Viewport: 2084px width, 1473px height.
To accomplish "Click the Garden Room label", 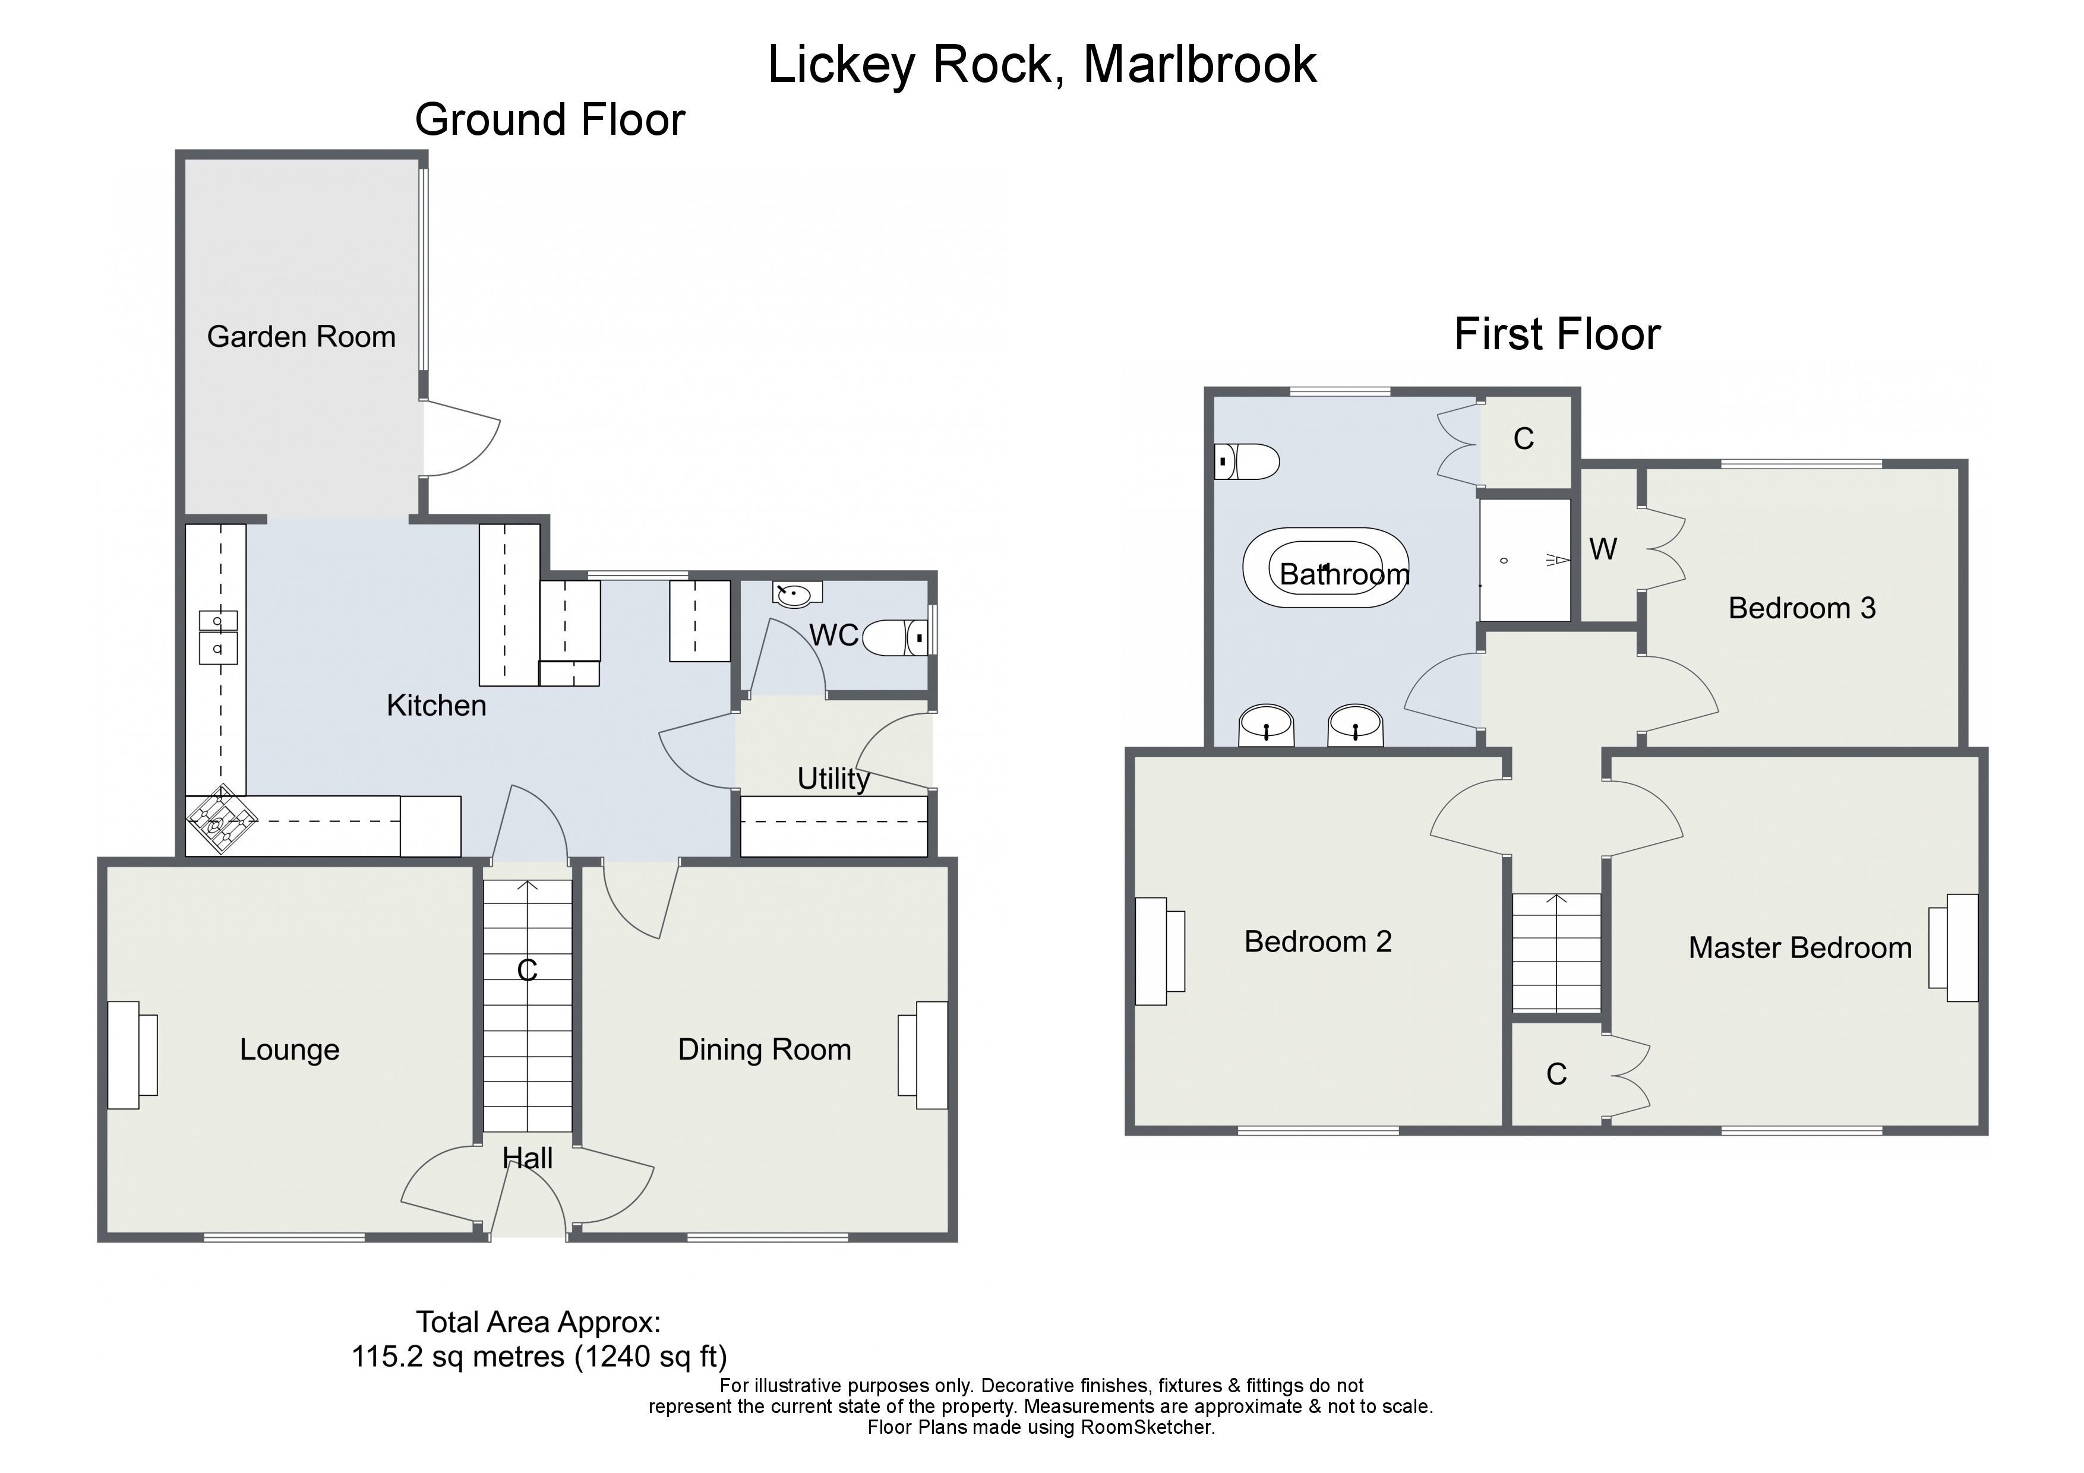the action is pos(301,337).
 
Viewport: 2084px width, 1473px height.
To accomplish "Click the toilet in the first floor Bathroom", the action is pos(1249,461).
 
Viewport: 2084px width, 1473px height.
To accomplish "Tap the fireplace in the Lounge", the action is pos(132,1055).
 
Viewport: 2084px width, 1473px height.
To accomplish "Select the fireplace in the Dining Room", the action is pos(923,1055).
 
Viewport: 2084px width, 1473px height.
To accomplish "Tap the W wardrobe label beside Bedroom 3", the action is pos(1603,549).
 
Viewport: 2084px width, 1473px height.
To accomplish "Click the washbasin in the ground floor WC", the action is pos(796,595).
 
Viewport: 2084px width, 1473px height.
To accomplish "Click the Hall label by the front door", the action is pos(528,1159).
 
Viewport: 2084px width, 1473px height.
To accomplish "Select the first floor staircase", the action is pos(1556,952).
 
